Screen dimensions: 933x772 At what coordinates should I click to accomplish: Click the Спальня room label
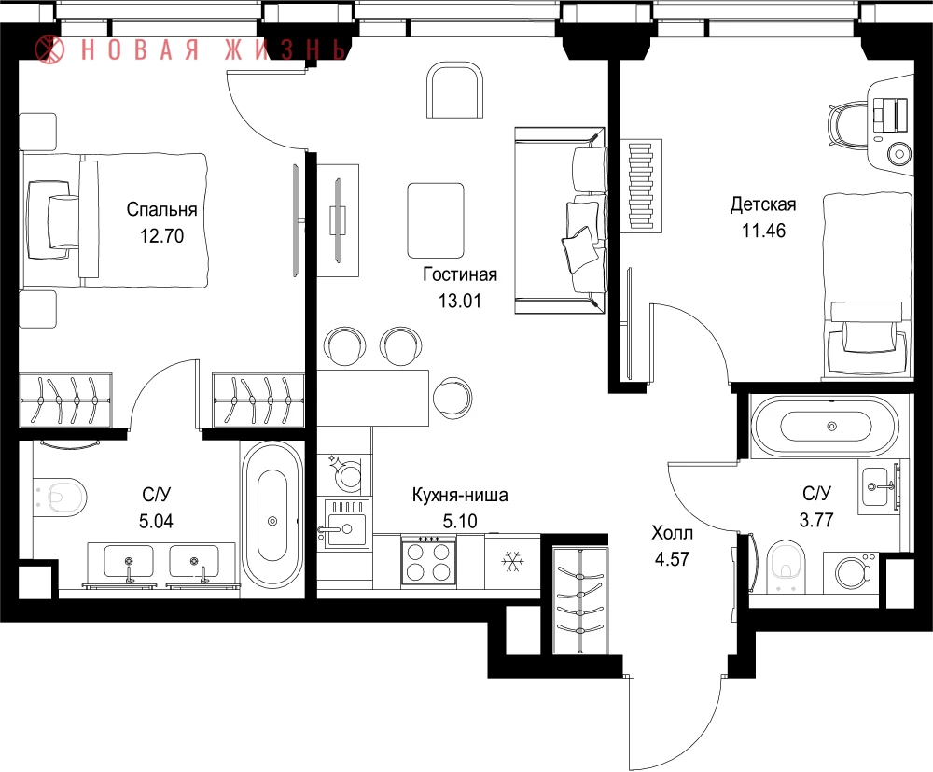pos(161,209)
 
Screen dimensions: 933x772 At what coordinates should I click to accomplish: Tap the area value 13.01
pos(459,302)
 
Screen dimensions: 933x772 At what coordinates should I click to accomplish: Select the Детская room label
pos(763,204)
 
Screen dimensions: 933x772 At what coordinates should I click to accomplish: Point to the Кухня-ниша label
pos(459,496)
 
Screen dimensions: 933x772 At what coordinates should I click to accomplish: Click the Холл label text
pos(672,533)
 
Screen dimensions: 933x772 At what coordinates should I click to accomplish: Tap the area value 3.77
pos(815,520)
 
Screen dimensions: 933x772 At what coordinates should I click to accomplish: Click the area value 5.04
pos(156,522)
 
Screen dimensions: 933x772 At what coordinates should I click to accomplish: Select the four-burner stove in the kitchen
pos(428,560)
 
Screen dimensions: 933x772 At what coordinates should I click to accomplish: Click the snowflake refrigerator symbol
pos(511,561)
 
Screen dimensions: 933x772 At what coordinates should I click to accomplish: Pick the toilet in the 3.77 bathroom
pos(786,566)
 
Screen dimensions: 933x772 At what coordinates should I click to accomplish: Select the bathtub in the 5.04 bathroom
pos(272,515)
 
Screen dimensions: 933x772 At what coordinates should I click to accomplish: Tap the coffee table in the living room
pos(436,221)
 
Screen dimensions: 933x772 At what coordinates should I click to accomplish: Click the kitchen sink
pos(345,525)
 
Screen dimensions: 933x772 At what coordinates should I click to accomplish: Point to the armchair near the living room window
pos(454,91)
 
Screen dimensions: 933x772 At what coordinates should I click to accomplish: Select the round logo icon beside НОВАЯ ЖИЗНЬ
pos(50,49)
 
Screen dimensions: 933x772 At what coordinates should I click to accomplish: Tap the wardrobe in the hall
pos(580,601)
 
